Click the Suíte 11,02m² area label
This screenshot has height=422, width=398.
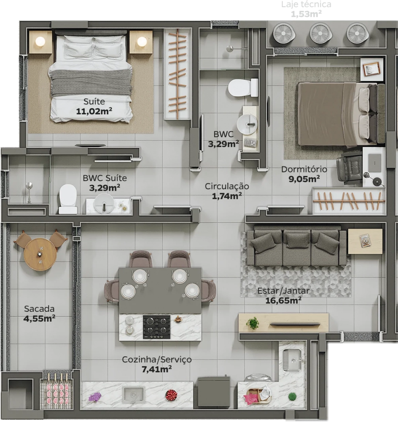94,106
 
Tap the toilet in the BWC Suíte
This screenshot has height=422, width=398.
68,199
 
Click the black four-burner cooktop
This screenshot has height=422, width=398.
157,327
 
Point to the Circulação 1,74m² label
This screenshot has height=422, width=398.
227,191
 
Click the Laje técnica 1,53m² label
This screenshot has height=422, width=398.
306,9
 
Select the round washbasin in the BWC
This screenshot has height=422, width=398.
247,124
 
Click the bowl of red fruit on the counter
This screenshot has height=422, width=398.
171,395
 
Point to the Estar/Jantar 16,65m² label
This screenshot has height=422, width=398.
283,295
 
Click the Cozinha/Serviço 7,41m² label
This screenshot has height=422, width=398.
157,364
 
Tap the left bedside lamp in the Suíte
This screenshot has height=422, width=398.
40,41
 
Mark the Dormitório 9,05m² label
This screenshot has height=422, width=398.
304,174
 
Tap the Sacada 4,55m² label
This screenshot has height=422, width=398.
39,314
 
